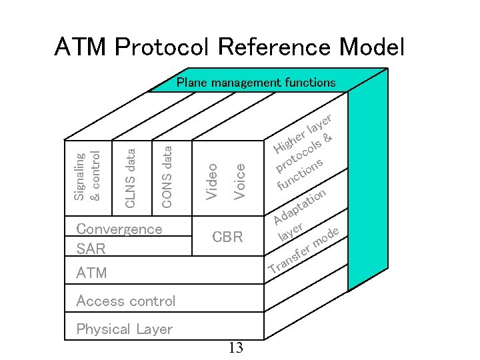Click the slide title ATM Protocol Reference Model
[229, 47]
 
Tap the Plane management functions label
[255, 83]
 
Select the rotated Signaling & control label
[87, 176]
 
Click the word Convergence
[119, 229]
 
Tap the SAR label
[91, 249]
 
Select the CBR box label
[227, 237]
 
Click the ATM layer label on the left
[91, 273]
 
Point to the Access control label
[126, 301]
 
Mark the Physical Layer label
[124, 329]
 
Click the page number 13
[235, 347]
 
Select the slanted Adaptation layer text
[300, 215]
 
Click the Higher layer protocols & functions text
[304, 154]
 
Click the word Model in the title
[371, 47]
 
